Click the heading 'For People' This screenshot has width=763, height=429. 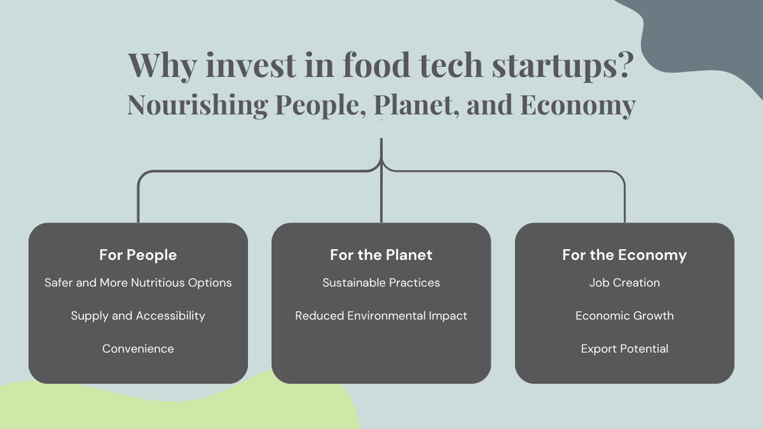pyautogui.click(x=138, y=255)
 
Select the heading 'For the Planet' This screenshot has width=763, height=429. pyautogui.click(x=381, y=255)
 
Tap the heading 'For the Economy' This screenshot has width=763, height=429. pyautogui.click(x=625, y=255)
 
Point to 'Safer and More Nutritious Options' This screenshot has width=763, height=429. pyautogui.click(x=138, y=283)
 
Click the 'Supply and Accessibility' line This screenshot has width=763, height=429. pyautogui.click(x=138, y=315)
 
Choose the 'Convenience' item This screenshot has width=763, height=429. pyautogui.click(x=138, y=348)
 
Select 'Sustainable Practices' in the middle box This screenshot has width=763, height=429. pyautogui.click(x=381, y=283)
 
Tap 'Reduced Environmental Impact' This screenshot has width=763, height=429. pyautogui.click(x=381, y=315)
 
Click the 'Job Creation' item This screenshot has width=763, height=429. pyautogui.click(x=625, y=283)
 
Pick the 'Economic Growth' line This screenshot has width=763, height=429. pyautogui.click(x=625, y=315)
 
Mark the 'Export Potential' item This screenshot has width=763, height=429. pyautogui.click(x=625, y=348)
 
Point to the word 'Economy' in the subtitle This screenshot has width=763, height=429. pyautogui.click(x=578, y=105)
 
